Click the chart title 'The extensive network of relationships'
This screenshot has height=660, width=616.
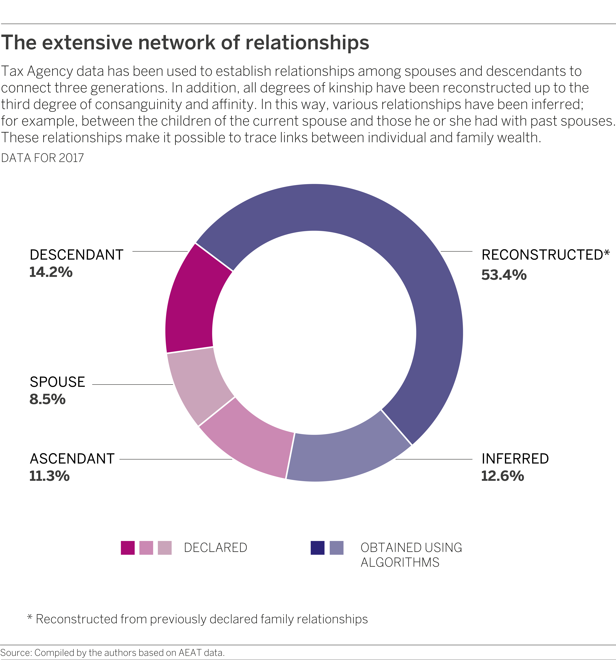(185, 43)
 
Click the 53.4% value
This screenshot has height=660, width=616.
(504, 275)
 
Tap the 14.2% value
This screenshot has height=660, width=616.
(51, 272)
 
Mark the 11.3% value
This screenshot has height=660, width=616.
(49, 476)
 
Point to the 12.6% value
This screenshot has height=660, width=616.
(502, 476)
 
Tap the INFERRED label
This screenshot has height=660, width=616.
(515, 459)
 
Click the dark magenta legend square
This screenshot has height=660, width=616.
(128, 548)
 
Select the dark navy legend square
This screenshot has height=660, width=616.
(317, 548)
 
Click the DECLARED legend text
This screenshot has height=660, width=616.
(216, 548)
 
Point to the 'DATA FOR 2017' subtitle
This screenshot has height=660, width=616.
(43, 158)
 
